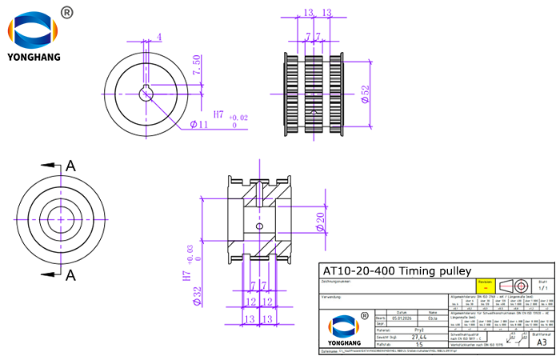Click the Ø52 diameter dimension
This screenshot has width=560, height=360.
click(x=366, y=94)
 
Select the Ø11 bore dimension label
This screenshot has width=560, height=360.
click(x=199, y=124)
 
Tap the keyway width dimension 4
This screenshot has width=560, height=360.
click(x=159, y=37)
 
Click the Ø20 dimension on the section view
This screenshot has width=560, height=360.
click(x=320, y=221)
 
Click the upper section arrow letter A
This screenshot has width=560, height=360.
click(x=70, y=166)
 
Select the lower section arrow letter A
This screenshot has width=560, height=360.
click(x=70, y=275)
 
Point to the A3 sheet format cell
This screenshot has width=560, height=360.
click(x=542, y=342)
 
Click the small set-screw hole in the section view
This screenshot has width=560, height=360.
click(x=258, y=226)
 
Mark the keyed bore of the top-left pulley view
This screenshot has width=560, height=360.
click(x=146, y=94)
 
